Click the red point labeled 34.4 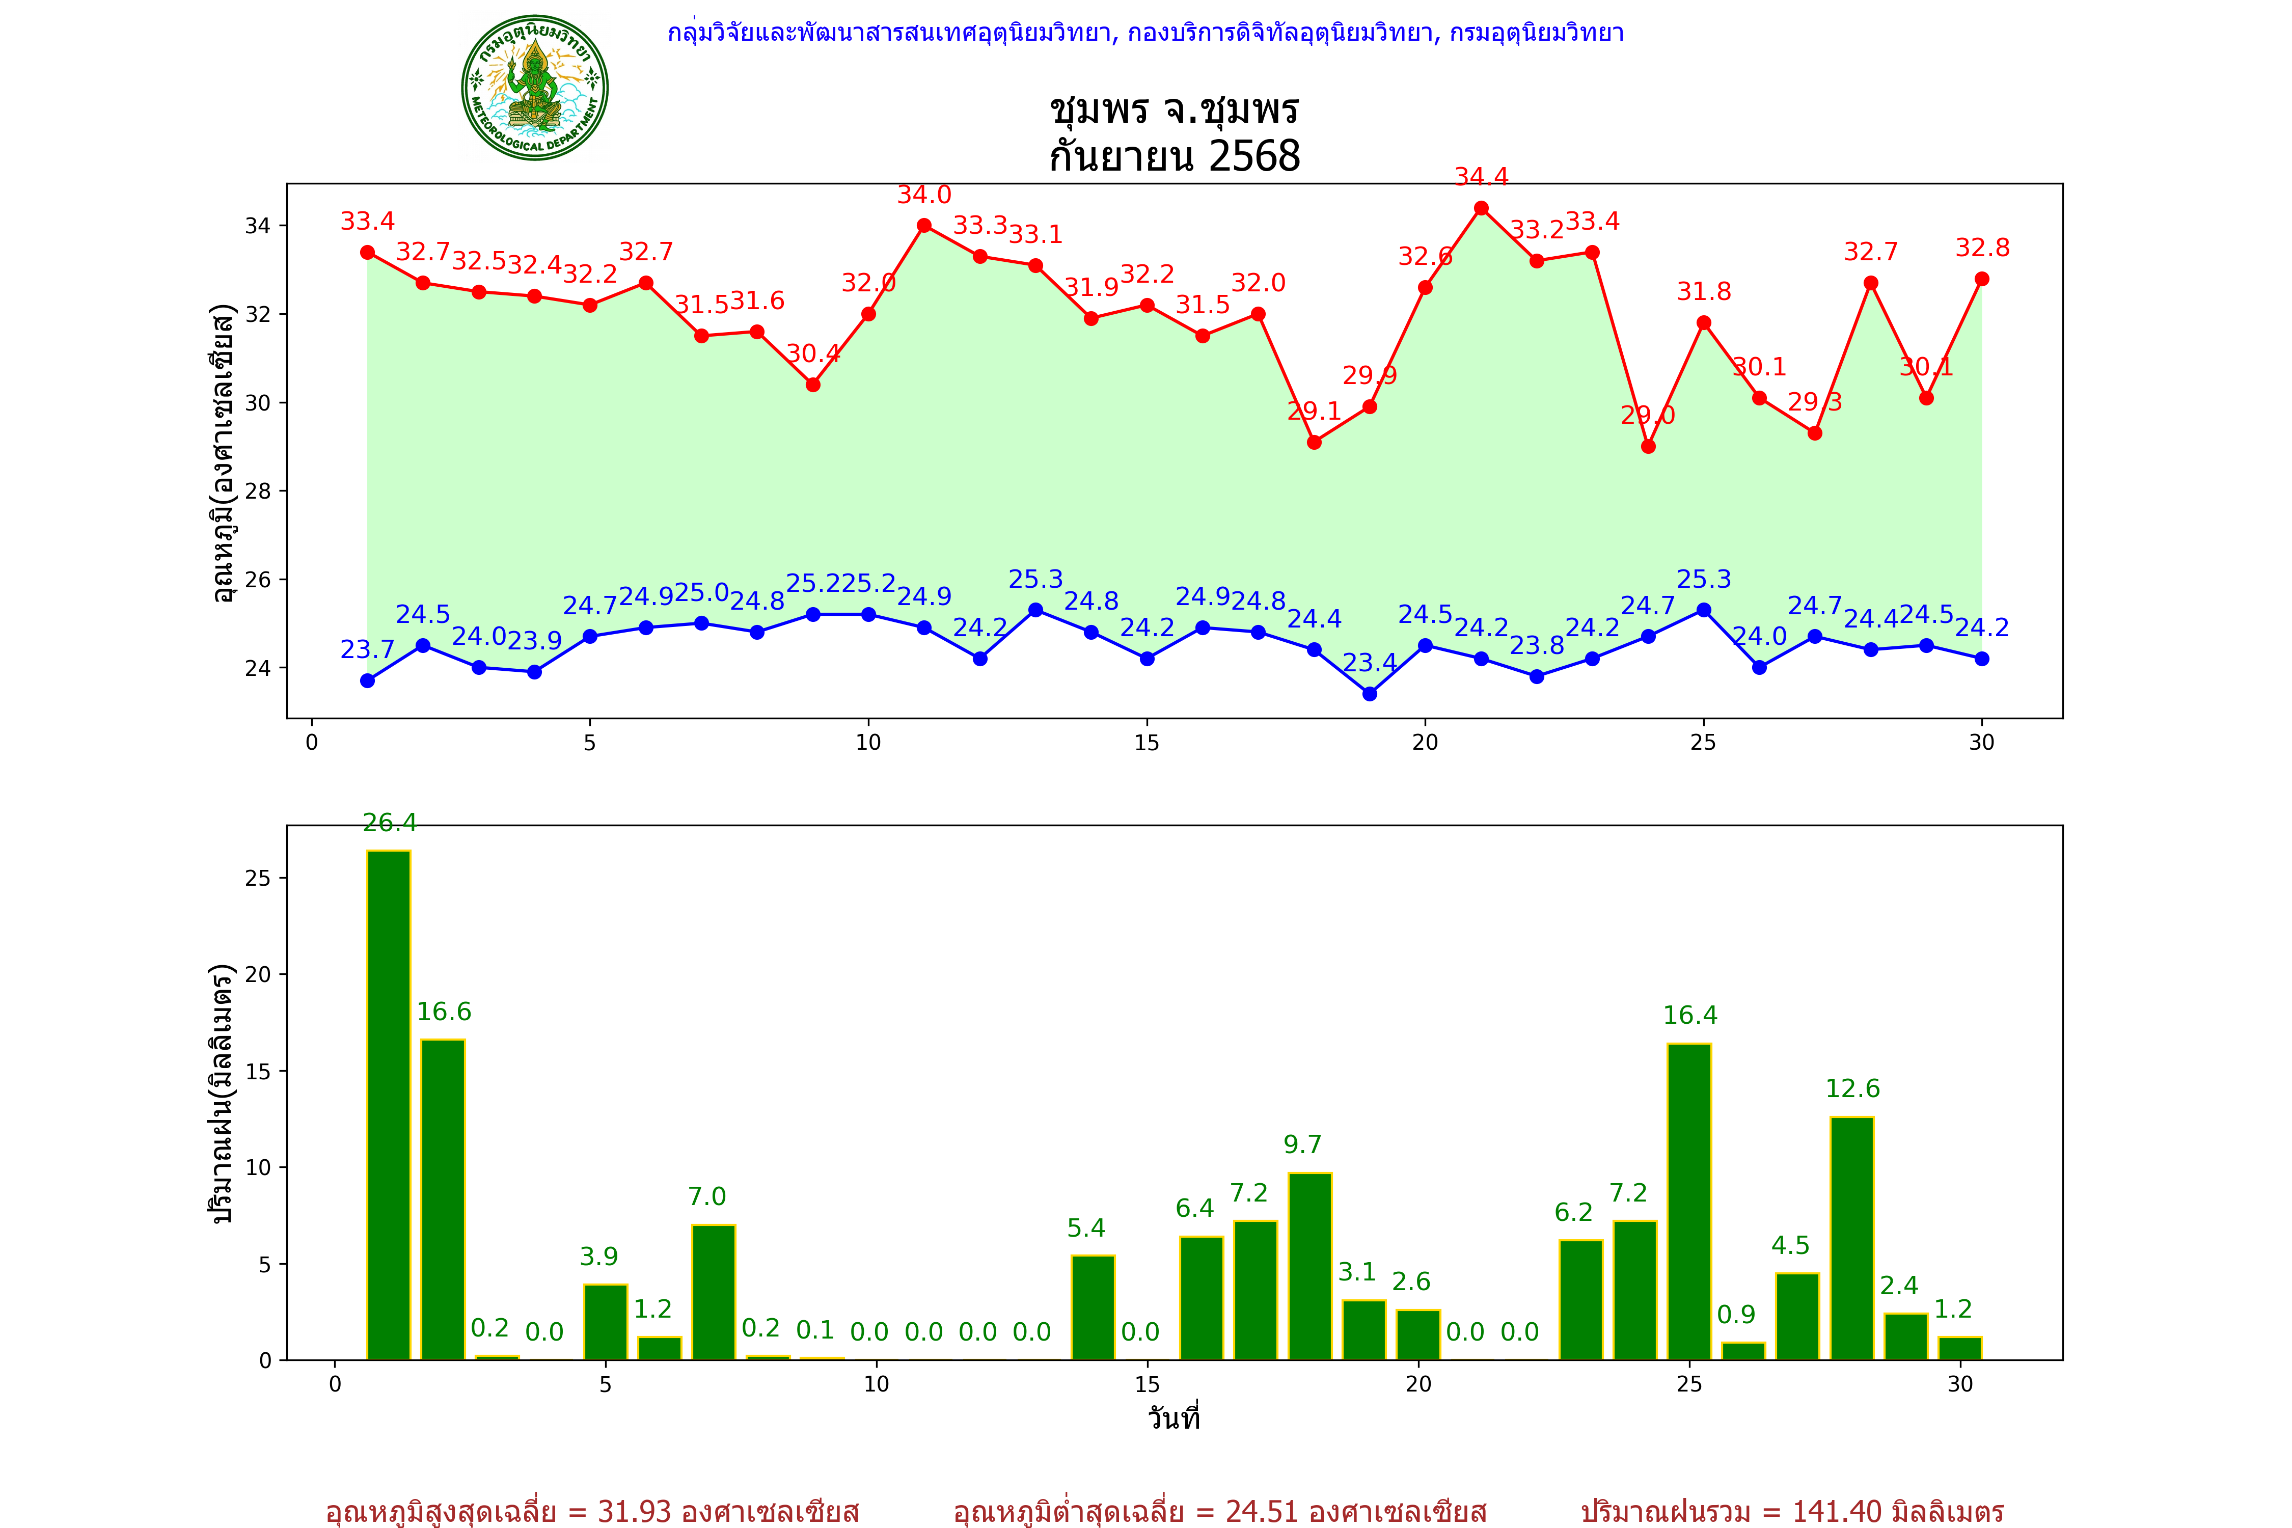[x=1481, y=208]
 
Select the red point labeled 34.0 [x=924, y=225]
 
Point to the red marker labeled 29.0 [x=1648, y=446]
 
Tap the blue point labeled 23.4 [x=1369, y=694]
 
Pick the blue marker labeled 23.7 [x=367, y=680]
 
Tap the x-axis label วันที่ [x=1174, y=1418]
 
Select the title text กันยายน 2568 [x=1174, y=156]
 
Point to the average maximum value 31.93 [x=635, y=1511]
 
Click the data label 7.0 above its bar [x=706, y=1196]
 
